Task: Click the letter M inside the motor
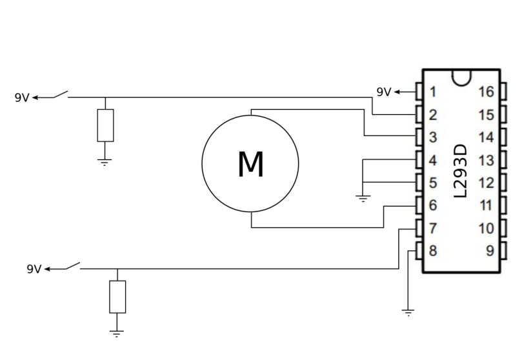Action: click(x=250, y=164)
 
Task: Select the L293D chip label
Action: click(x=461, y=170)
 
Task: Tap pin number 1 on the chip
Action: click(x=433, y=92)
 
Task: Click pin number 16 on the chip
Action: click(x=486, y=92)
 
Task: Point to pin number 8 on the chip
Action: click(x=433, y=250)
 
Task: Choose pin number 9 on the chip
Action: click(x=490, y=250)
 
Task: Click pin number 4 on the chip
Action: click(x=433, y=160)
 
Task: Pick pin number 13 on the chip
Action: click(x=486, y=160)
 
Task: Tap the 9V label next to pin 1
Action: click(x=384, y=92)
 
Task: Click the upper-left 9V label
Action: click(x=23, y=98)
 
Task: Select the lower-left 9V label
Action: click(x=34, y=269)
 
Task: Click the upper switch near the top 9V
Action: click(x=61, y=96)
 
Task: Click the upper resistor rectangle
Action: click(x=105, y=125)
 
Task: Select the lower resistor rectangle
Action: click(x=117, y=297)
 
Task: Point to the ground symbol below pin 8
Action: click(x=408, y=312)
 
